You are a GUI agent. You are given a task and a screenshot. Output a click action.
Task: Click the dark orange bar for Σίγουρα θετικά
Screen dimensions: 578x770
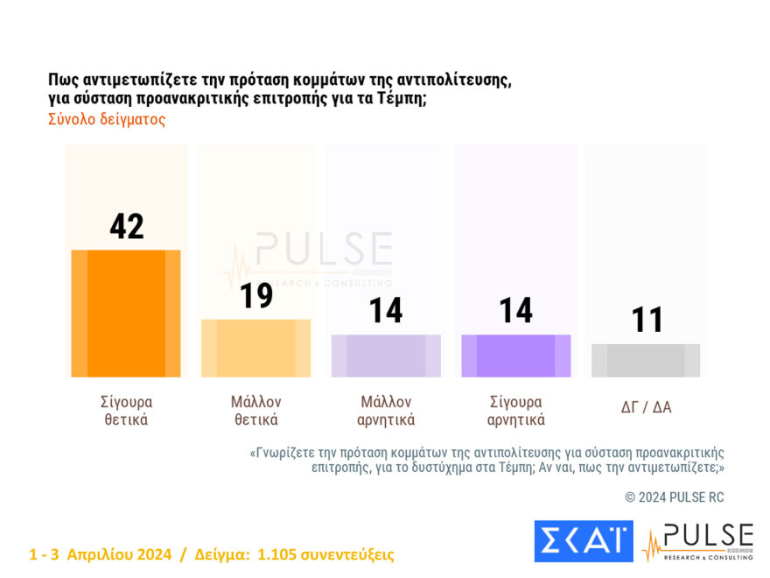tap(126, 314)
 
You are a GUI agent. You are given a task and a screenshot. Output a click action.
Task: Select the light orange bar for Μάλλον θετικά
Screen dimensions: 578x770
tap(255, 348)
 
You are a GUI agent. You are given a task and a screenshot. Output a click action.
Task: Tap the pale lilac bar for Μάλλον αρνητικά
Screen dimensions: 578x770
tap(386, 356)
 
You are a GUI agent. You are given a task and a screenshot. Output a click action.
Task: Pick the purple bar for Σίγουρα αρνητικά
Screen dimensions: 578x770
tap(515, 356)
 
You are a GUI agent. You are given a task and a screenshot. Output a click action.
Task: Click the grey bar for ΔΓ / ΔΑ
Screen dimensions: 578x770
tap(646, 360)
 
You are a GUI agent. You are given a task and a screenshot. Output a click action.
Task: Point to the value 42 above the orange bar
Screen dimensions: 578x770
tap(127, 226)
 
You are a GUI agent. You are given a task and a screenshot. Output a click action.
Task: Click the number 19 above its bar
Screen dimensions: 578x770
tap(256, 296)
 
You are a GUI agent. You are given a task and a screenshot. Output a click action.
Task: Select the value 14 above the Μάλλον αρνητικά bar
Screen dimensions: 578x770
tap(386, 311)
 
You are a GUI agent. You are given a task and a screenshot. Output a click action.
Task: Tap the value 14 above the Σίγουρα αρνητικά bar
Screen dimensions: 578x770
tap(516, 311)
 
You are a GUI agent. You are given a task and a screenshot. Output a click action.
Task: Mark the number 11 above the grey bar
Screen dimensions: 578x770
tap(647, 321)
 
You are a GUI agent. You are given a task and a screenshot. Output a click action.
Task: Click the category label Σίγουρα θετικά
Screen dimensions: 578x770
tap(126, 411)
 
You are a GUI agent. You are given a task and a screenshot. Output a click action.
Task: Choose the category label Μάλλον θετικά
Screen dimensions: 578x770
tap(255, 411)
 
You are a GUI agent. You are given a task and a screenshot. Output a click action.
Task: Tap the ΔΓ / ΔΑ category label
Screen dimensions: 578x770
tap(646, 407)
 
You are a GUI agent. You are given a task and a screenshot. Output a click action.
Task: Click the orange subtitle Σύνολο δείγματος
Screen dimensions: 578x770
tap(107, 120)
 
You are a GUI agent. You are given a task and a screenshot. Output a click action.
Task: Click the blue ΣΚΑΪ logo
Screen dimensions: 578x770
tap(583, 541)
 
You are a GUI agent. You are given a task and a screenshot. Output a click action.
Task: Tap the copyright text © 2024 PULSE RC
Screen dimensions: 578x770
tap(675, 497)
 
